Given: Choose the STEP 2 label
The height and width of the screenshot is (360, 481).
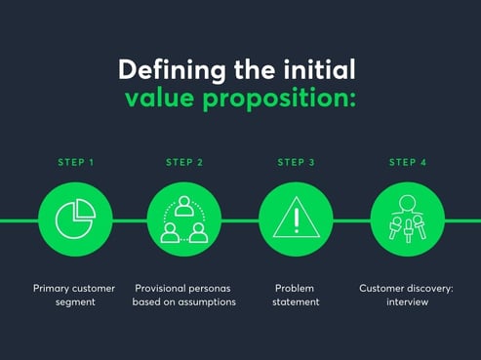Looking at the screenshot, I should point(184,162).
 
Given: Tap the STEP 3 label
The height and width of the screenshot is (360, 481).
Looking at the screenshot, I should point(296,162).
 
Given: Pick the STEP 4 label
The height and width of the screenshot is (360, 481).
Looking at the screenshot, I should point(408,162).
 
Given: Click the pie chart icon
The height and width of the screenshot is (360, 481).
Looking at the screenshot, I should point(74,220).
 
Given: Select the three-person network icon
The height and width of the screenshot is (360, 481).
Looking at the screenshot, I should point(184,220).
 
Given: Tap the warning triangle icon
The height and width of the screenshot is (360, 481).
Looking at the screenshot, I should point(296,220).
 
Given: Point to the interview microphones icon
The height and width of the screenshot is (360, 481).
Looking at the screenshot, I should point(408,220).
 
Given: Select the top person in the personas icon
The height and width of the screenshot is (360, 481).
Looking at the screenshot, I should point(184,206).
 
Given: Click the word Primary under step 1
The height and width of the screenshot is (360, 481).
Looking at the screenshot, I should point(55,289).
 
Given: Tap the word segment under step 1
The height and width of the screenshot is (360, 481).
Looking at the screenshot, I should point(74,302).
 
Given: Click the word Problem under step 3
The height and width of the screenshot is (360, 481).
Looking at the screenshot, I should point(296,289).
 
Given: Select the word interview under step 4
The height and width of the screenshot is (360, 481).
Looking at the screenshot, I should point(407,302).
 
